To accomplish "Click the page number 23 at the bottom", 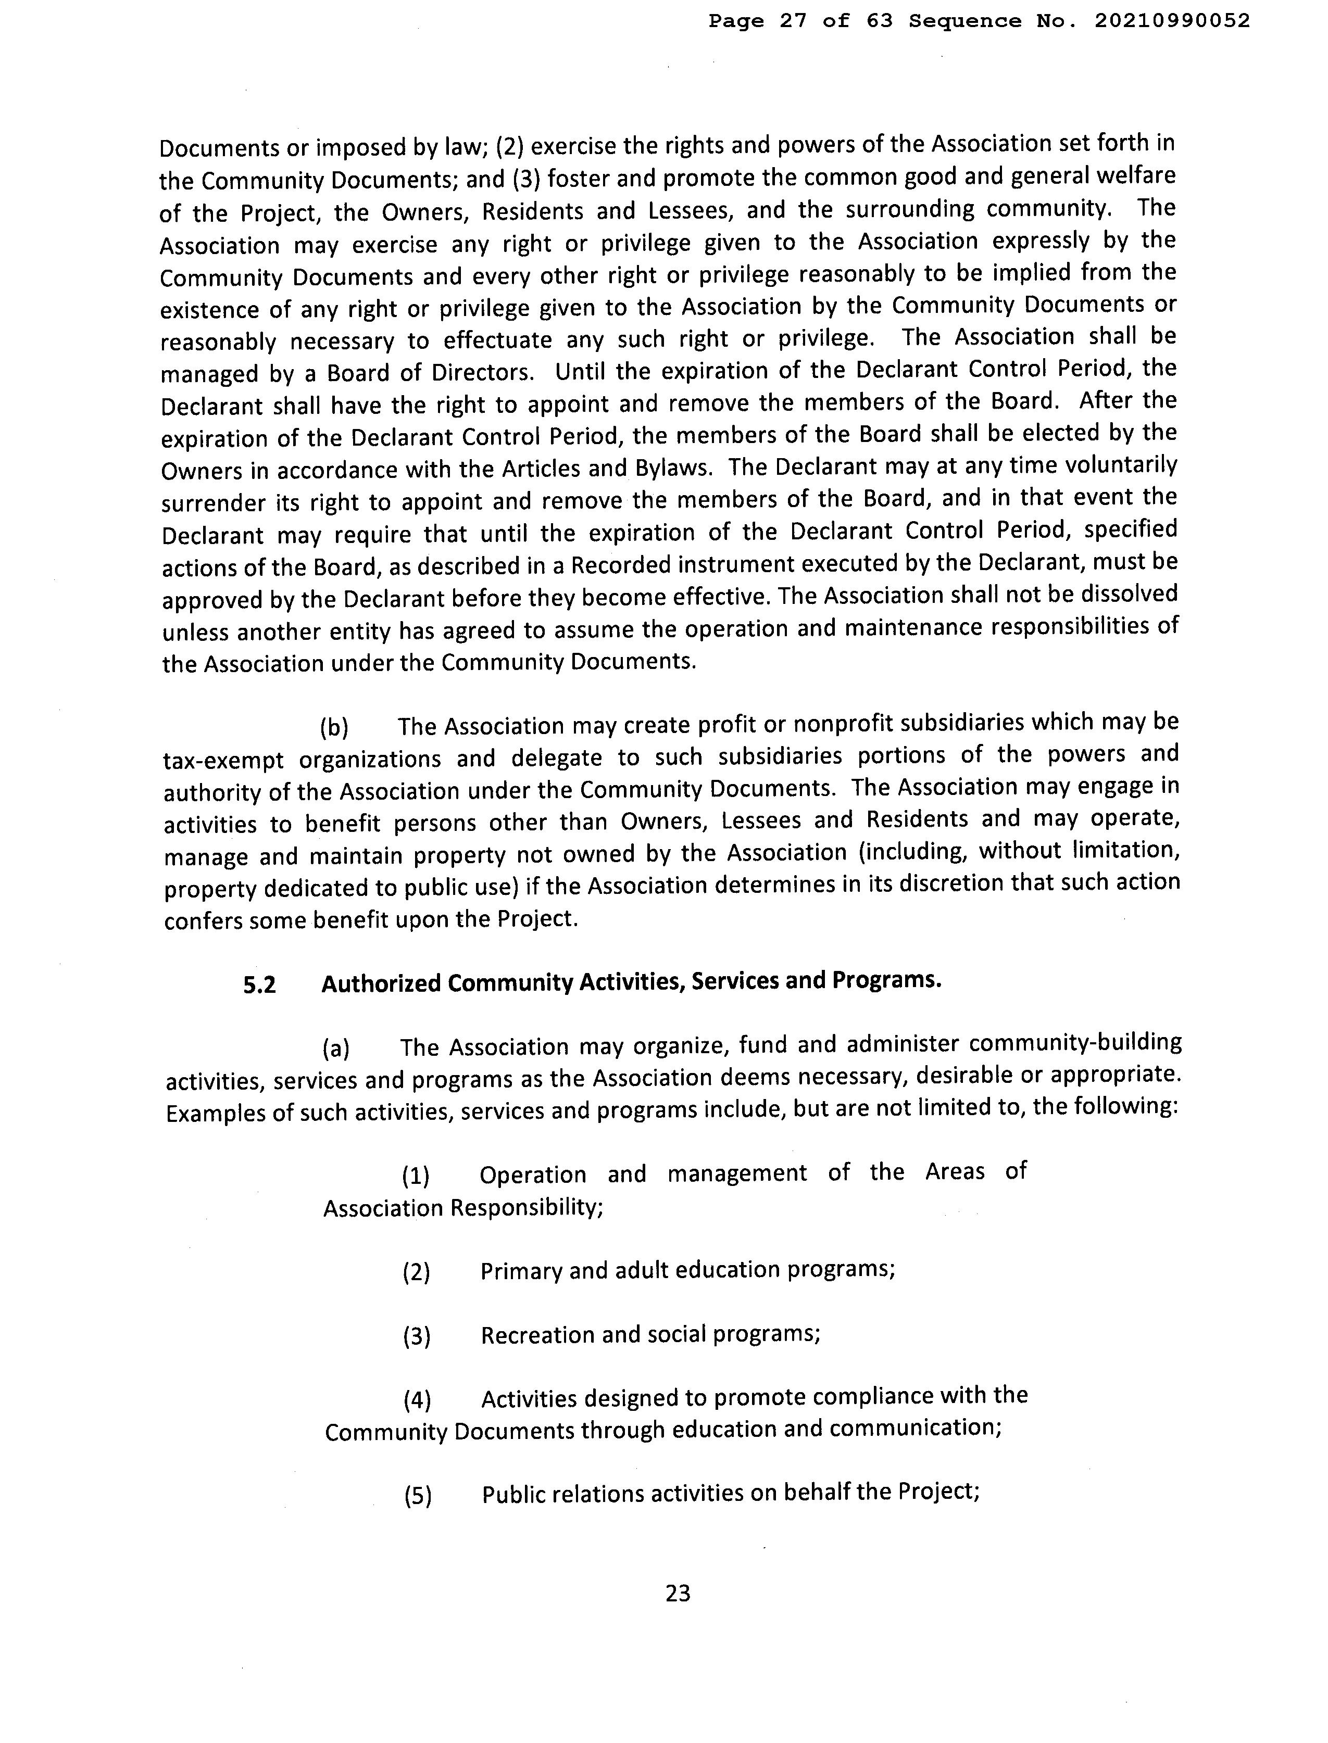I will [678, 1593].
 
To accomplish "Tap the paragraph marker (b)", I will [334, 727].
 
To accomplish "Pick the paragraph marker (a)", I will [336, 1049].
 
